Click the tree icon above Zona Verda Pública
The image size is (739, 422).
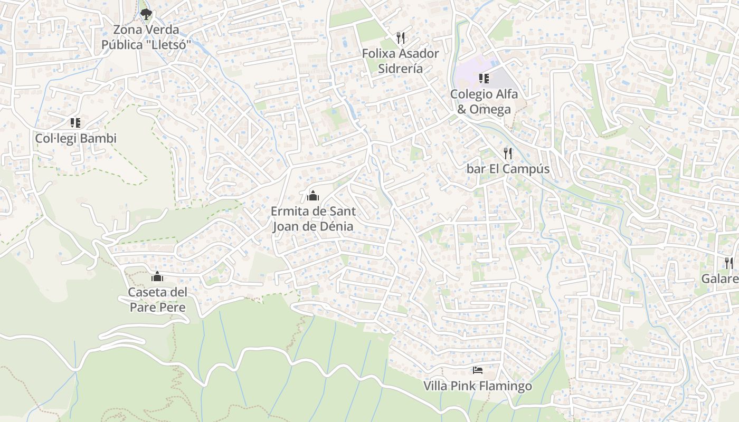pos(146,14)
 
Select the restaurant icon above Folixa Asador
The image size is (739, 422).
pos(401,38)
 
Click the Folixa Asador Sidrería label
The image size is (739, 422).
pos(400,61)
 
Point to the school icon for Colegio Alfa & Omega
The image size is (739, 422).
pos(484,79)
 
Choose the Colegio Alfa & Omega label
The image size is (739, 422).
pos(484,101)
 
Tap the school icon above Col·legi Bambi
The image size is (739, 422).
pos(75,123)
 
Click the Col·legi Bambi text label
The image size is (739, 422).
pos(75,139)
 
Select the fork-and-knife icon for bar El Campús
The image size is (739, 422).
pos(508,154)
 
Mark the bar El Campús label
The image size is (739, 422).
pos(508,169)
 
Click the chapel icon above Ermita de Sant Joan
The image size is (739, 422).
pos(312,196)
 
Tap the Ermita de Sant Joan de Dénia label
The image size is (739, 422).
pos(312,218)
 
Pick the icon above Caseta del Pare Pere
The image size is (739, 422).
pos(157,276)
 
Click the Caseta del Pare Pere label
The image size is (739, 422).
pos(157,299)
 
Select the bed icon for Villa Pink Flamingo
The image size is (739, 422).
pos(478,370)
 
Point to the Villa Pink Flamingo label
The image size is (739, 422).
pos(478,386)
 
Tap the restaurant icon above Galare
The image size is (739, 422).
pos(728,263)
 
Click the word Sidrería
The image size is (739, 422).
pos(400,69)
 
